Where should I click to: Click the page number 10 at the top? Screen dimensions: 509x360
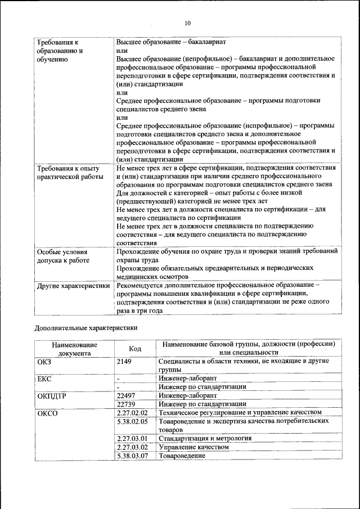pos(187,23)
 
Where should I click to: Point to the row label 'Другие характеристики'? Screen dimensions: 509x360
pos(73,286)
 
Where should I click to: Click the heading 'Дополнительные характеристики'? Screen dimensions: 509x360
pos(86,327)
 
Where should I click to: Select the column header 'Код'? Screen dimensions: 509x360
pos(134,349)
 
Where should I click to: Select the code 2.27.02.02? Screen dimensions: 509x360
pos(132,412)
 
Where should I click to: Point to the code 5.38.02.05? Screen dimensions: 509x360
pos(132,421)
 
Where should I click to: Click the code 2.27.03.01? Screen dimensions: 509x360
pos(132,438)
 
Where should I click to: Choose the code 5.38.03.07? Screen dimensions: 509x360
pos(132,455)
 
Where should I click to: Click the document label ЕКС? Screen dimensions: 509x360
pos(44,379)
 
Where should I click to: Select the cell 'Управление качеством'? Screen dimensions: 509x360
pos(194,447)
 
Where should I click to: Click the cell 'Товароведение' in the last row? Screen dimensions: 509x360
pos(182,455)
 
